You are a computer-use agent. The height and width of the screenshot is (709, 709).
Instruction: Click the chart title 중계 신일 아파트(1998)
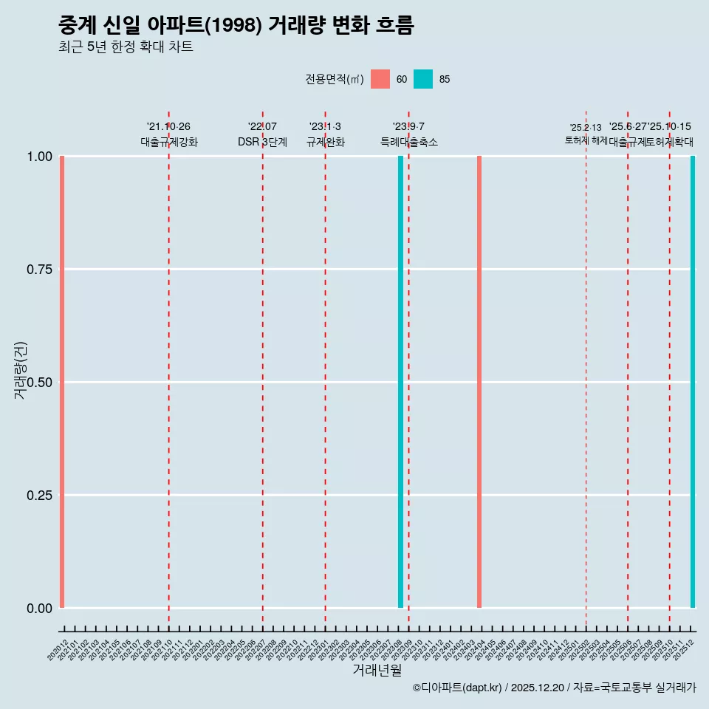[236, 26]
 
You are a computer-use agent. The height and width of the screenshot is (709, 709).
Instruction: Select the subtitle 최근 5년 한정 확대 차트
[126, 47]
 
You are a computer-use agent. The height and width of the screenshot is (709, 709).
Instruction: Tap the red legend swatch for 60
[380, 79]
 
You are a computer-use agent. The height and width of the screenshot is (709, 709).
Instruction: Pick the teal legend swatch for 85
[423, 79]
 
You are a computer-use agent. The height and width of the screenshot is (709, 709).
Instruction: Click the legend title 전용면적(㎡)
[334, 79]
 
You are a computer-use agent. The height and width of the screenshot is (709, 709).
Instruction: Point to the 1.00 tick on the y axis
[39, 157]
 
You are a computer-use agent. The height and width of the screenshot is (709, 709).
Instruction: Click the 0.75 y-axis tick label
[39, 270]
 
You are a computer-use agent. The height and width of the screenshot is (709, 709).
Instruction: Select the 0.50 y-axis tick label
[39, 383]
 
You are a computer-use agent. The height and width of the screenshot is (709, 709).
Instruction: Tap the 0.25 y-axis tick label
[39, 495]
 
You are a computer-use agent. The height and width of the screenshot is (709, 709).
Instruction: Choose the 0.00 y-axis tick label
[39, 608]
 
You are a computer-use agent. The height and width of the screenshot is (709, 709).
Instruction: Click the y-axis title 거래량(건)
[20, 370]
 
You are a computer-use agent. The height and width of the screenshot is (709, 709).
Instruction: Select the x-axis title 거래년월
[377, 671]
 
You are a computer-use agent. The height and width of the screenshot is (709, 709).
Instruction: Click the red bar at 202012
[62, 382]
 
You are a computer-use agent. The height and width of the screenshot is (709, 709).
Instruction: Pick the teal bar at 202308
[400, 382]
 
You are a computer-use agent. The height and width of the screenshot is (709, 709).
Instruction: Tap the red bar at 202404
[479, 382]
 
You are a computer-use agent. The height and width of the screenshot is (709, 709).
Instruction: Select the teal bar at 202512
[693, 382]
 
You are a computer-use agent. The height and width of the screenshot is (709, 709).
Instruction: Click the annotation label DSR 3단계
[262, 142]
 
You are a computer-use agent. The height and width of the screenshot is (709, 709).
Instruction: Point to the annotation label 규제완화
[326, 142]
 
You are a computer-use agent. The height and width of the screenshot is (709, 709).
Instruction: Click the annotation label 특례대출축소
[409, 142]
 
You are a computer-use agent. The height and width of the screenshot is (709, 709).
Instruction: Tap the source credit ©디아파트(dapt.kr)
[457, 688]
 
